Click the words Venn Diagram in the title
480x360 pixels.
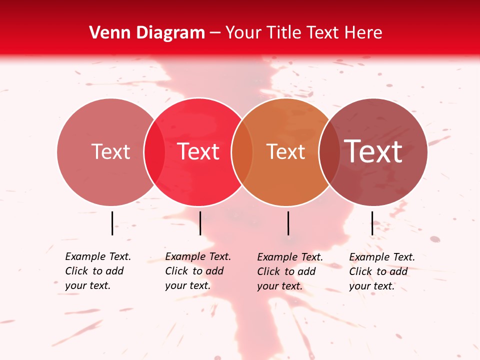point(147,33)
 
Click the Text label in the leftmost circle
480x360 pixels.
point(110,151)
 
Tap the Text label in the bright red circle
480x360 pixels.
point(198,151)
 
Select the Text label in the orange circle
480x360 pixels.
point(286,151)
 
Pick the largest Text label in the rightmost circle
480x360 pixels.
point(373,151)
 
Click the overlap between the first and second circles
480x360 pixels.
point(154,151)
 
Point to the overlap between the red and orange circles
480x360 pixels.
point(242,151)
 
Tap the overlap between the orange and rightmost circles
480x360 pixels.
point(329,151)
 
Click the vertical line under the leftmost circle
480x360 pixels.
point(112,223)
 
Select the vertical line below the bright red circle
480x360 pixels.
point(200,223)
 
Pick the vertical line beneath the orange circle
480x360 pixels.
point(288,223)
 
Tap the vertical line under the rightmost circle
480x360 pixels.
point(372,223)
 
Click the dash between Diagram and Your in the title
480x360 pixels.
point(215,33)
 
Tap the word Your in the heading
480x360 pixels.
point(242,33)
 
